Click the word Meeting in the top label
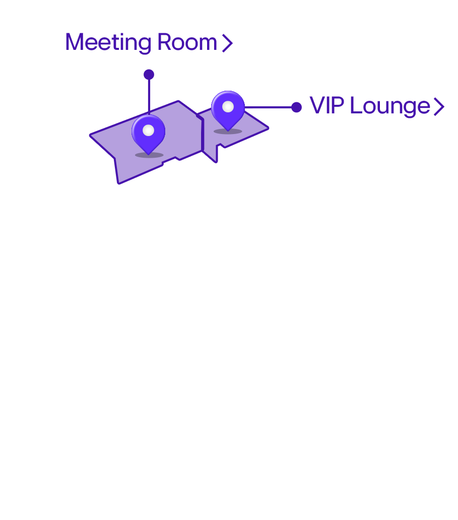click(x=108, y=42)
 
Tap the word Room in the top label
click(x=187, y=42)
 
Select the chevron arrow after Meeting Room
click(x=227, y=43)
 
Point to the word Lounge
click(x=390, y=106)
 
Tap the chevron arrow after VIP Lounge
click(x=439, y=107)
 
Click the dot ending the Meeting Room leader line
click(x=149, y=75)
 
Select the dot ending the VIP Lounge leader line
click(x=296, y=107)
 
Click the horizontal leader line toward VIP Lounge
click(x=268, y=107)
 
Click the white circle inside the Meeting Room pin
click(x=148, y=131)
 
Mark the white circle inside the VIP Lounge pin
click(x=228, y=107)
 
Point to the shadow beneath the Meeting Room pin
click(x=149, y=155)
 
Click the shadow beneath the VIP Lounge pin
click(x=228, y=132)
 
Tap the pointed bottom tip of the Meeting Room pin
click(x=148, y=154)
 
